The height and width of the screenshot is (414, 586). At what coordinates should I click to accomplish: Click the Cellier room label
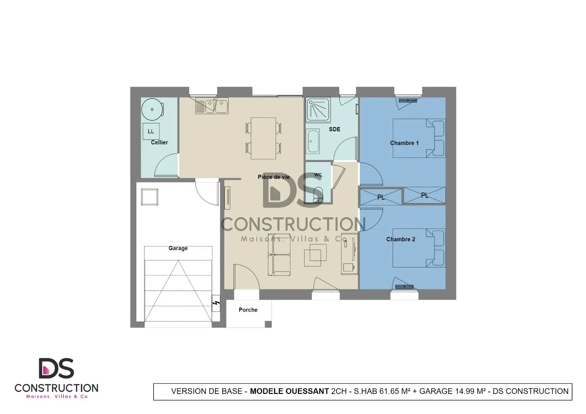point(159,142)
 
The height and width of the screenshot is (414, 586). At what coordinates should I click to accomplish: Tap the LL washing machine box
point(151,131)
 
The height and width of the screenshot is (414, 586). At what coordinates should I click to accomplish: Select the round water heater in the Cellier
point(152,109)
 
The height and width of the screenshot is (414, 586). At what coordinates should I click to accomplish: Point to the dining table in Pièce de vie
point(263,138)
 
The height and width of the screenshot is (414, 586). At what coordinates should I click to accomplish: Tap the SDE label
point(334,129)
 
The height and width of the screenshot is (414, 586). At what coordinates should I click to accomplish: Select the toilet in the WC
point(318,194)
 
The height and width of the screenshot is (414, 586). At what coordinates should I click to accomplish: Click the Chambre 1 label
point(404,143)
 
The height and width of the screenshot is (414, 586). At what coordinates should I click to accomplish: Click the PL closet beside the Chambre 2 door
point(381,197)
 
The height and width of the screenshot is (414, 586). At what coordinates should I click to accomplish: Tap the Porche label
point(248,310)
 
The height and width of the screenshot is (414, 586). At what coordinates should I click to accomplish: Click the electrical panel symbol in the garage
point(216,303)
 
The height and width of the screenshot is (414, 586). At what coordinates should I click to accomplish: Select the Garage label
point(178,248)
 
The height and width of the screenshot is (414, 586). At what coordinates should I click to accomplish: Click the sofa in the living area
point(279,254)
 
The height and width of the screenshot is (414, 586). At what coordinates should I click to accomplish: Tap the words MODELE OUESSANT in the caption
point(289,391)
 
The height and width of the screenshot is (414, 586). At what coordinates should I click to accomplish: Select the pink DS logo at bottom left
point(56,368)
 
